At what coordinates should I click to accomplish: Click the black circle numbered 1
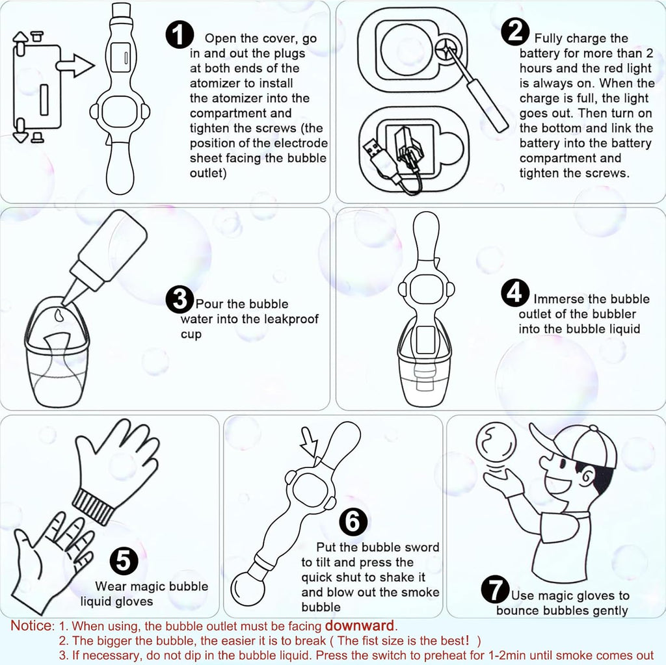(x=180, y=34)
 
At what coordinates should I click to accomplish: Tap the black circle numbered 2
(x=515, y=33)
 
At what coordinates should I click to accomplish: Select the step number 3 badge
(x=180, y=299)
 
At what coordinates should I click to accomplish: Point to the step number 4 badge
(x=515, y=293)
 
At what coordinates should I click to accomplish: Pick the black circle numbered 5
(x=124, y=560)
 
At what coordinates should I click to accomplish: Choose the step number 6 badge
(x=353, y=521)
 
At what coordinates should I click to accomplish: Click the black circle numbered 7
(x=495, y=590)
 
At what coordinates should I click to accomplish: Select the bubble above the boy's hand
(x=496, y=444)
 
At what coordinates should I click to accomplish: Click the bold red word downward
(x=360, y=625)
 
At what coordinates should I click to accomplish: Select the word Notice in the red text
(x=33, y=625)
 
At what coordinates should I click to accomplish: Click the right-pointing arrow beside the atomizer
(x=75, y=66)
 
